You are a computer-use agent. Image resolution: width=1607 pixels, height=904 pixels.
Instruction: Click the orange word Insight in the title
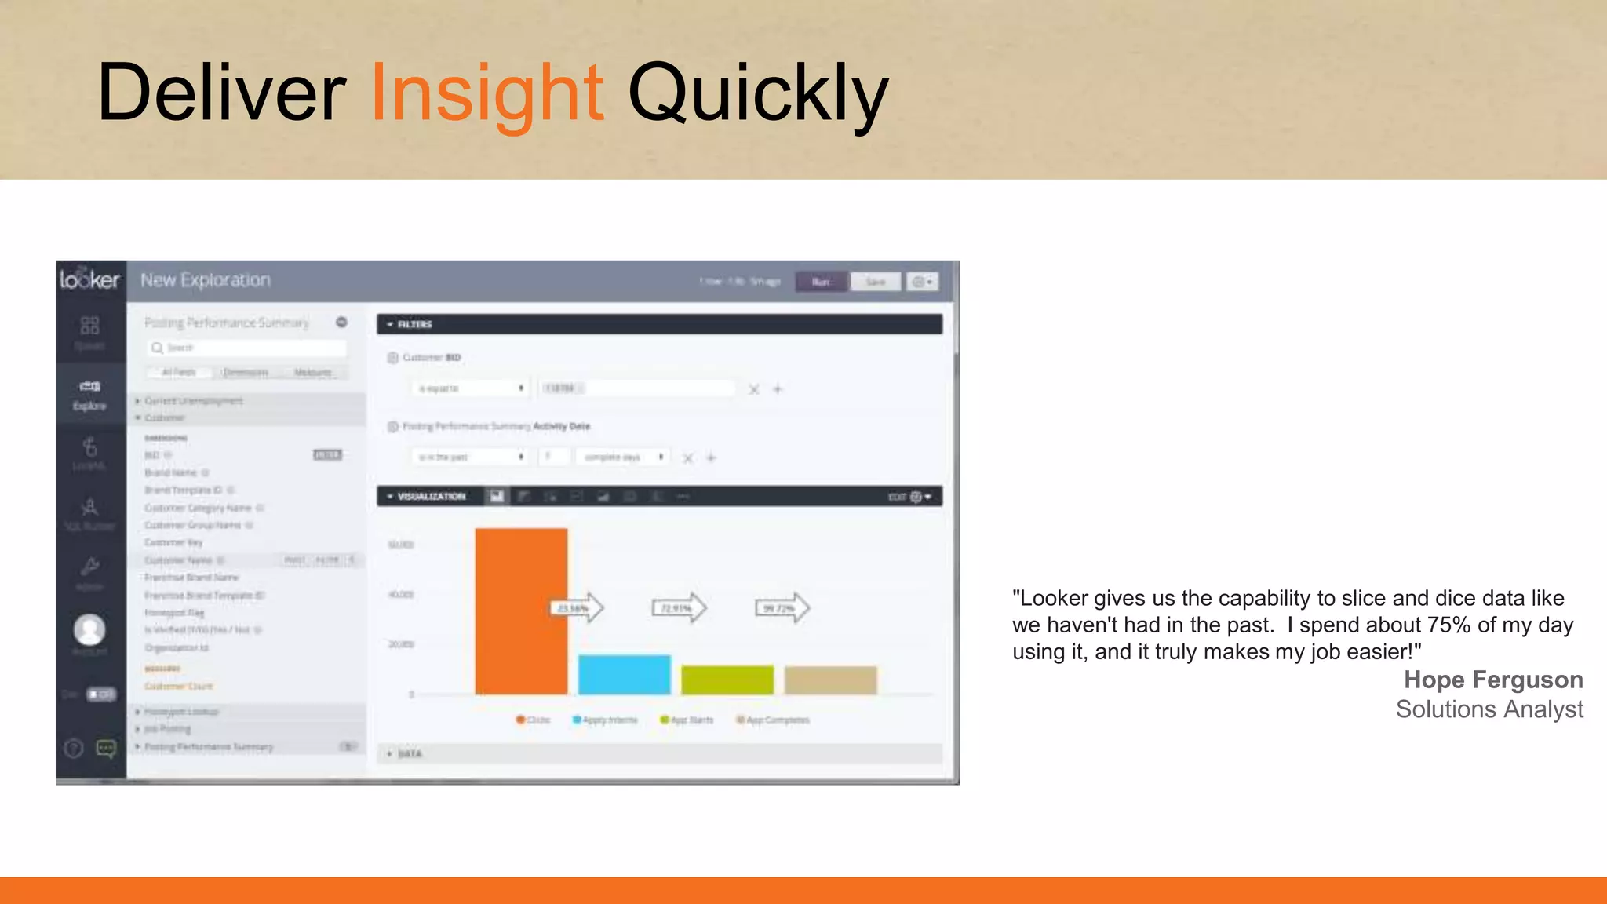486,94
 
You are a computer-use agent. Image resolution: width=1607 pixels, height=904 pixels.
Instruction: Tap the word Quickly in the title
757,94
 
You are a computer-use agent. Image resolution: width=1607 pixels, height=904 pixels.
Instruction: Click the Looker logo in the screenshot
89,279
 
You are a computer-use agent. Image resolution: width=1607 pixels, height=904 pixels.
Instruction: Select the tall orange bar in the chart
521,612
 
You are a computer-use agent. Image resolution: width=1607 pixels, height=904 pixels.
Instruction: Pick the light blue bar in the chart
625,675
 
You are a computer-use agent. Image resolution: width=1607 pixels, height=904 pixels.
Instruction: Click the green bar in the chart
727,680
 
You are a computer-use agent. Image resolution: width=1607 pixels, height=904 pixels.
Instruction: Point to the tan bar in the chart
830,680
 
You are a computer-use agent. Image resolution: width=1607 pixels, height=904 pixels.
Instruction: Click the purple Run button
821,282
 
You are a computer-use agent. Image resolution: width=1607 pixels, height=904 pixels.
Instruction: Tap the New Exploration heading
206,280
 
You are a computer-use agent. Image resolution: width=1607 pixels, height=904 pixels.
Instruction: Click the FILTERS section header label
414,324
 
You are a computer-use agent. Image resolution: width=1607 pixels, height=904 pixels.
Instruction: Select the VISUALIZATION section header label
431,496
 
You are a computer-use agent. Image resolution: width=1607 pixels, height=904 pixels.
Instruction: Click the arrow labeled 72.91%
679,608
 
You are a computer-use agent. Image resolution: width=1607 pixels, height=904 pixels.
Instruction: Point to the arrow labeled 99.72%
782,608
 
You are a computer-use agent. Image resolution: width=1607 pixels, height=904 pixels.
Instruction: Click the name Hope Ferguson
1492,680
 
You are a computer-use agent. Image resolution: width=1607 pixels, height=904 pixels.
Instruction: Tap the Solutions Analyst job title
1489,709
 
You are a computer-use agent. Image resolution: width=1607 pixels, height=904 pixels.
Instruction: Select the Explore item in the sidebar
89,395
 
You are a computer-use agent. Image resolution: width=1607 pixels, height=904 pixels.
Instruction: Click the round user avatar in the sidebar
89,629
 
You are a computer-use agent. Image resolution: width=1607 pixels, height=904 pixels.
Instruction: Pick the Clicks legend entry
533,720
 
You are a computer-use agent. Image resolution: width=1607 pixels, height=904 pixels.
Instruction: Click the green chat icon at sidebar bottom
106,748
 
